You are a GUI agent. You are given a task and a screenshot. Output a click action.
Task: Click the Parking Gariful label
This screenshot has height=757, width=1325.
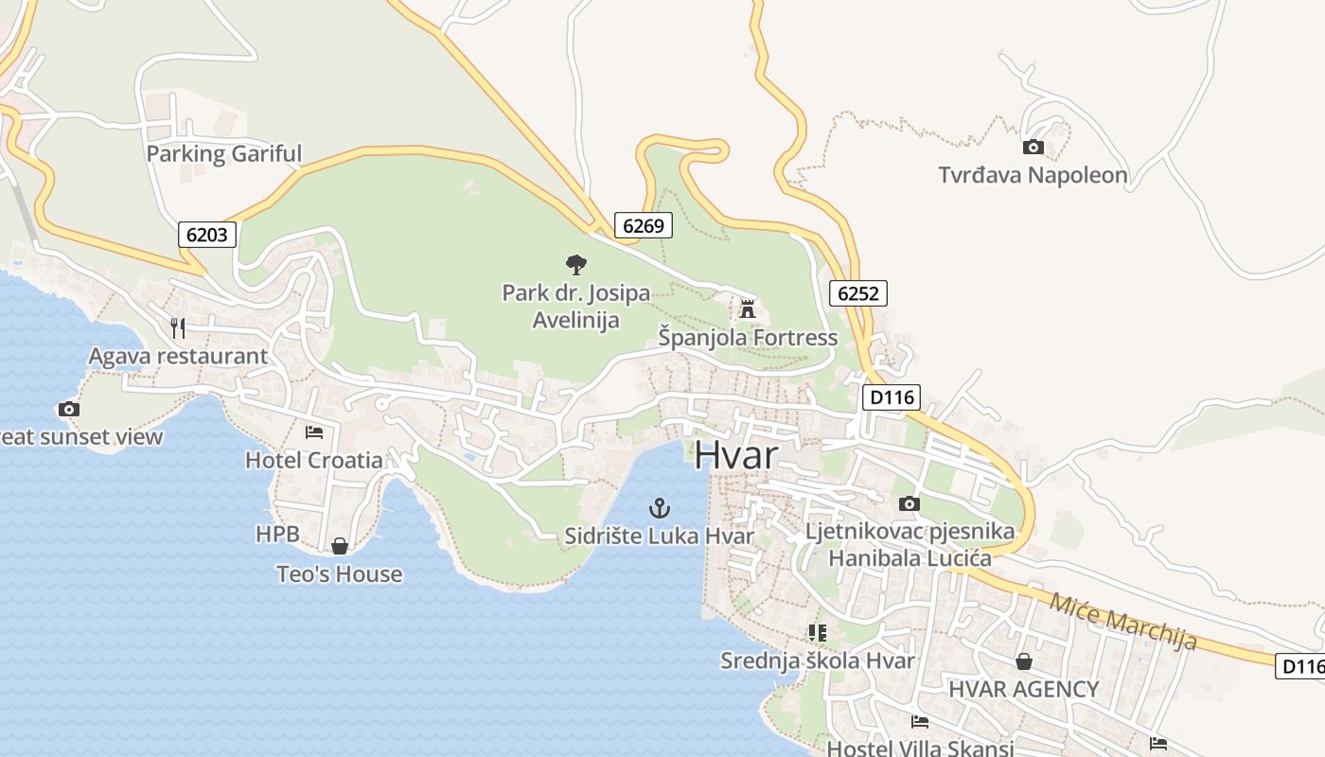[224, 153]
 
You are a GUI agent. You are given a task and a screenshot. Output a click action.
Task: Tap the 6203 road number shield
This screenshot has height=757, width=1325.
[206, 234]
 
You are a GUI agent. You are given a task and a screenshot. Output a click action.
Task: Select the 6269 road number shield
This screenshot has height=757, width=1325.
[644, 225]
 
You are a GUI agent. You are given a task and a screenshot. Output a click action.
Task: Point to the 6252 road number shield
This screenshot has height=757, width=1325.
[858, 293]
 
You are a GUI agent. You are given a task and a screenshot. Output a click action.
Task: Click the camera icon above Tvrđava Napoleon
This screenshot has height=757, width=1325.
[1033, 147]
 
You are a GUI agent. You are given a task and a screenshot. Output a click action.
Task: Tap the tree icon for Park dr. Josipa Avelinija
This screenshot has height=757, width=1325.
[575, 265]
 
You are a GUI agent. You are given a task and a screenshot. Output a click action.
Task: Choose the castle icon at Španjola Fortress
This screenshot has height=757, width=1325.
[748, 308]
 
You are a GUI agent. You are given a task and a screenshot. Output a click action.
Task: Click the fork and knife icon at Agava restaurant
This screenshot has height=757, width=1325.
[178, 328]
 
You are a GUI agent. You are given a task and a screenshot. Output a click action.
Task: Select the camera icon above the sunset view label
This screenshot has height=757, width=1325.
[68, 410]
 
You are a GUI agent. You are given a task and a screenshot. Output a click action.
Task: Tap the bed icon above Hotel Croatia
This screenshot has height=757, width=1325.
[314, 432]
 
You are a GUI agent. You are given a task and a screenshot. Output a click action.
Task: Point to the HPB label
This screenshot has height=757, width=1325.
[277, 535]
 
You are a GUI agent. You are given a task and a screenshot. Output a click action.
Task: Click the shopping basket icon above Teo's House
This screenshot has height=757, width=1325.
[340, 546]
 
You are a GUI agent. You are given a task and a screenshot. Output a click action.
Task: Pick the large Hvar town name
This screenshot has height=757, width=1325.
[735, 455]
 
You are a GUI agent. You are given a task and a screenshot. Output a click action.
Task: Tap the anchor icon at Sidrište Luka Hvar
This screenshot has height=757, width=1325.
[659, 509]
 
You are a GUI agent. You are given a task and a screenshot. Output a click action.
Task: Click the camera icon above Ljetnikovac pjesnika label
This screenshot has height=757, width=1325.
[909, 503]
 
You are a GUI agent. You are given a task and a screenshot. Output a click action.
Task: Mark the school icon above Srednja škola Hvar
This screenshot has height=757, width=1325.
[817, 632]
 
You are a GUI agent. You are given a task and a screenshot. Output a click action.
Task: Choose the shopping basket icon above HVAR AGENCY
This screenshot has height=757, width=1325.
[1023, 660]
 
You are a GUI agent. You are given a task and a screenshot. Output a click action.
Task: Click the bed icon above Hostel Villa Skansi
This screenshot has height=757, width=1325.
[919, 722]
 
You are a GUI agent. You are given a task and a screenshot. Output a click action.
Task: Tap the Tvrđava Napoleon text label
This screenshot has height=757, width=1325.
[1033, 175]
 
